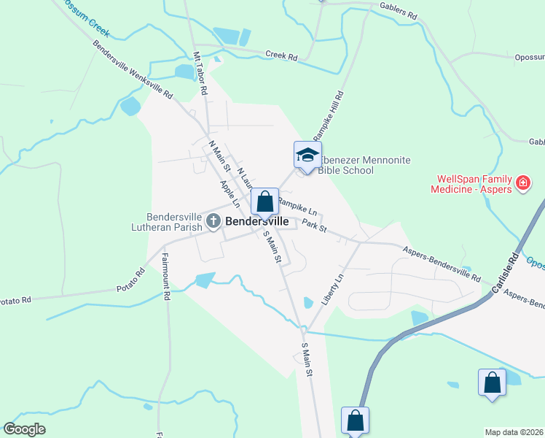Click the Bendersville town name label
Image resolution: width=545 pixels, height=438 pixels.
(x=256, y=220)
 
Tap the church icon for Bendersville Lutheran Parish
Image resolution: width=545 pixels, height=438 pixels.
(x=213, y=222)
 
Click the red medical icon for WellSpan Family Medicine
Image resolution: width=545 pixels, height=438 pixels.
(x=522, y=183)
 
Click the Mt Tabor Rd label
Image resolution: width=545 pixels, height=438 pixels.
(x=200, y=75)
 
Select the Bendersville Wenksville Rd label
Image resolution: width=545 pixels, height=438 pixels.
(x=133, y=70)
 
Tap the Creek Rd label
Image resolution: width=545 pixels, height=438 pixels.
(x=281, y=55)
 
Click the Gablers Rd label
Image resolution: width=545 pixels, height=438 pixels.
(x=398, y=10)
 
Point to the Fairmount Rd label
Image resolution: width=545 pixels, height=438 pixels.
(x=165, y=277)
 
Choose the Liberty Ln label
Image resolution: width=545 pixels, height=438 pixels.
(x=332, y=290)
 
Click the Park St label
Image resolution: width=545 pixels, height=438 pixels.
(x=314, y=225)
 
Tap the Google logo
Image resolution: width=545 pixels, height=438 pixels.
(x=24, y=429)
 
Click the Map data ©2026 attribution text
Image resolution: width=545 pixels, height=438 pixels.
(x=514, y=432)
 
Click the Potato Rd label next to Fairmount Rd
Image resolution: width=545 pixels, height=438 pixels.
(x=130, y=280)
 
